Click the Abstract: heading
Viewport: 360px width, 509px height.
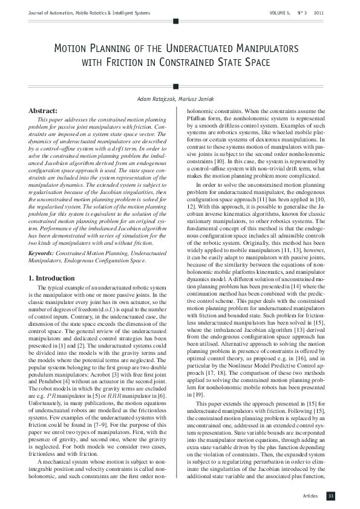pyautogui.click(x=44, y=111)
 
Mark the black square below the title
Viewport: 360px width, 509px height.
pyautogui.click(x=175, y=86)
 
